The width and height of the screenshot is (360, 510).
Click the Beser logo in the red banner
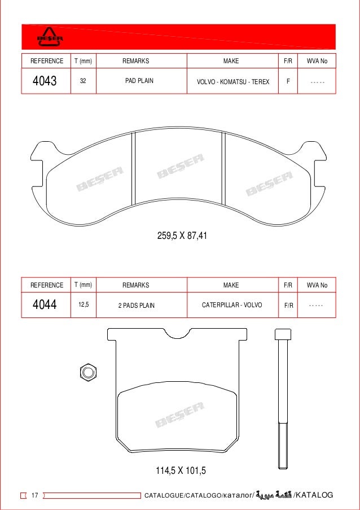[50, 37]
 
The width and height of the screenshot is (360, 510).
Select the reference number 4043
[45, 81]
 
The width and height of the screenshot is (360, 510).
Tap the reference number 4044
[45, 306]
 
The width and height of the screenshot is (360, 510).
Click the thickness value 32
[83, 81]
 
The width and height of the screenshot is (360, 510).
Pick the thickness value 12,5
[83, 305]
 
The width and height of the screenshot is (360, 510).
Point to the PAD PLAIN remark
[139, 81]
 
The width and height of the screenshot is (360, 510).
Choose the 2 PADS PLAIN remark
[136, 306]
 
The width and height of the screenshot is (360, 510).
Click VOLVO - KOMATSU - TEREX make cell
[232, 82]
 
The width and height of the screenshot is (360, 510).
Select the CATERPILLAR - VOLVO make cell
[232, 305]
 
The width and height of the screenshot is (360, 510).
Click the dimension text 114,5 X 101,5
[181, 470]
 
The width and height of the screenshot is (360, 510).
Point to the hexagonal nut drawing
[87, 372]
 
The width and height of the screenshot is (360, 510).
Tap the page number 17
[34, 495]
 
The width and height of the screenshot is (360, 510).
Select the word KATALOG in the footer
[315, 495]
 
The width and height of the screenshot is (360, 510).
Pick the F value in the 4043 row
[288, 81]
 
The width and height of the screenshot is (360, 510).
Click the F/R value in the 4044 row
[288, 306]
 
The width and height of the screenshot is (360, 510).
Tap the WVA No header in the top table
[317, 61]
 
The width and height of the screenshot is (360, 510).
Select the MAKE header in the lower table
[231, 285]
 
